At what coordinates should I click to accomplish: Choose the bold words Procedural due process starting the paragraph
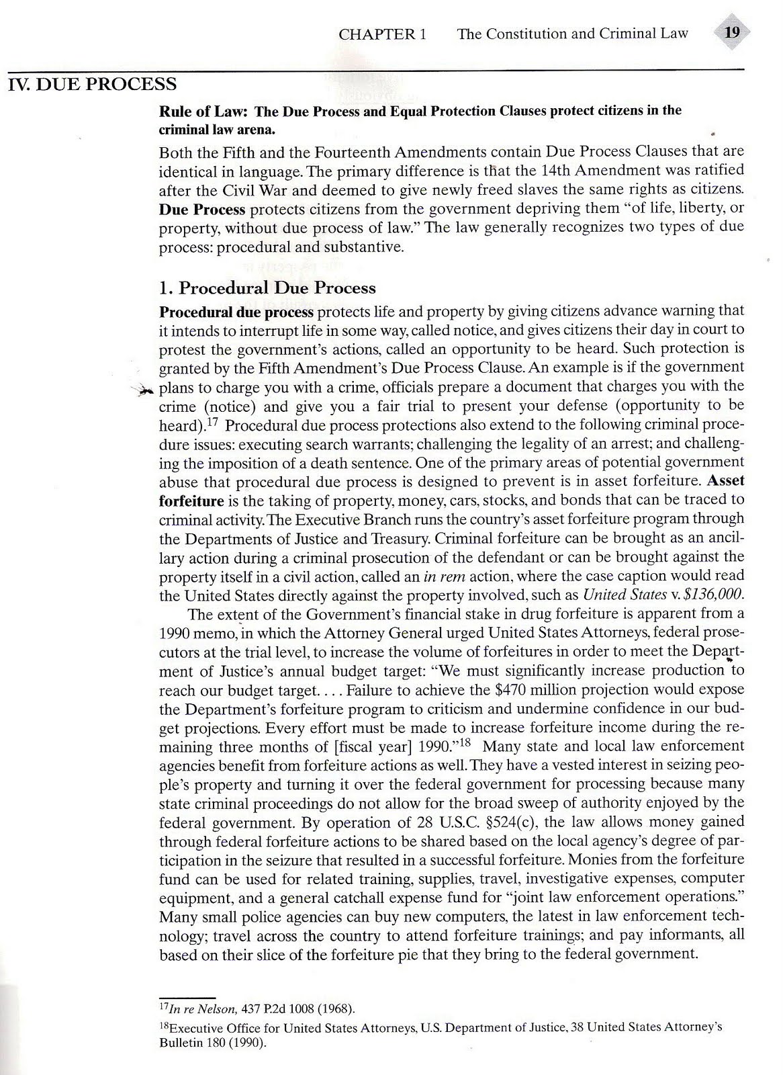pyautogui.click(x=236, y=312)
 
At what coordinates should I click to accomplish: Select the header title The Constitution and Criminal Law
pyautogui.click(x=572, y=34)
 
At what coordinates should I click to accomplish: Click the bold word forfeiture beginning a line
pyautogui.click(x=191, y=501)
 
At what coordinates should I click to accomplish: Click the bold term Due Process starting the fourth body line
pyautogui.click(x=202, y=210)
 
